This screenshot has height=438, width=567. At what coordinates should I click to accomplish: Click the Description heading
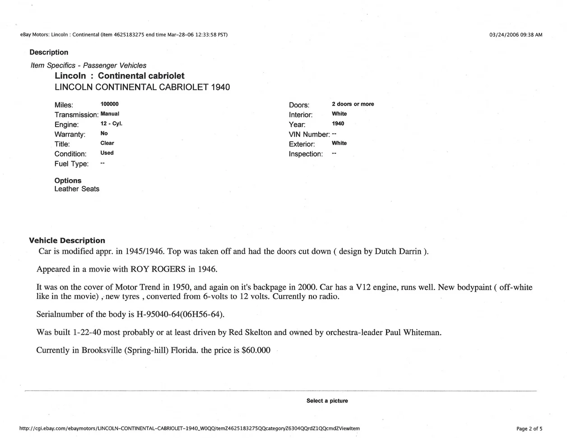tap(49, 52)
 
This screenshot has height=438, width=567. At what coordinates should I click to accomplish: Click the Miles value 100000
tap(109, 104)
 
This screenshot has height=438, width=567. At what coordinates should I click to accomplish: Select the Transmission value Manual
tap(110, 114)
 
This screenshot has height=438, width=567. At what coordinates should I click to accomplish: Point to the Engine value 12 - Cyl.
tap(111, 124)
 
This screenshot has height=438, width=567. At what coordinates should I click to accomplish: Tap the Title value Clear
tap(107, 143)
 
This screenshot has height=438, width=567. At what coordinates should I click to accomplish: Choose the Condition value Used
tap(107, 153)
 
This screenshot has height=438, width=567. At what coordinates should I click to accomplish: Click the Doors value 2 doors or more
tap(353, 104)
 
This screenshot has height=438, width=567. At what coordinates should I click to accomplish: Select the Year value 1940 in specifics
tap(338, 124)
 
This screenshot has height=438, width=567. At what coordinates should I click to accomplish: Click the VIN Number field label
tap(309, 134)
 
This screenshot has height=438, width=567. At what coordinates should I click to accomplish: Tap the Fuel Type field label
tap(71, 164)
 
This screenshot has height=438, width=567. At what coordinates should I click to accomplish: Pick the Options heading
tap(68, 180)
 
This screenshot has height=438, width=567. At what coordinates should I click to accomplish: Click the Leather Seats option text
tap(77, 189)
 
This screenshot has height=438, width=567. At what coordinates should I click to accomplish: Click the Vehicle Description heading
tap(67, 240)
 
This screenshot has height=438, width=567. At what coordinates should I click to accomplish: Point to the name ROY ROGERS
tap(158, 269)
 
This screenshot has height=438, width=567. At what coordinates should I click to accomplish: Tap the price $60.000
tap(256, 350)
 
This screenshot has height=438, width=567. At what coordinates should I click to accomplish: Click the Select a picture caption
tap(327, 401)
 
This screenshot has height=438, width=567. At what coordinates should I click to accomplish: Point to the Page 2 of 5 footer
tap(529, 429)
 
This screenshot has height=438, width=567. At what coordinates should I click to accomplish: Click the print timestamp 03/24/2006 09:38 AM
tap(516, 35)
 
